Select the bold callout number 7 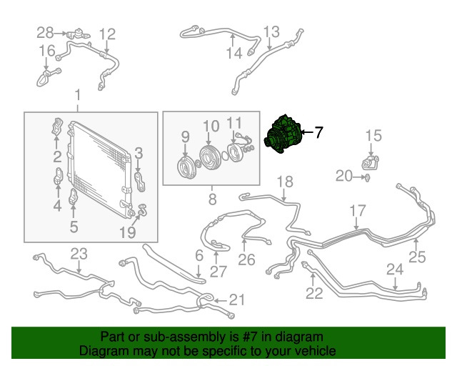coord(318,132)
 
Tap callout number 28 coord(45,33)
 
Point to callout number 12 coord(107,34)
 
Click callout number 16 coord(46,51)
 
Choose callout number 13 coord(271,32)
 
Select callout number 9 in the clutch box coord(184,137)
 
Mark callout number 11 coord(234,123)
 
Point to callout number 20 coord(343,176)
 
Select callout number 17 coord(358,211)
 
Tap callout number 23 coord(78,253)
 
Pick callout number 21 coord(236,300)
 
